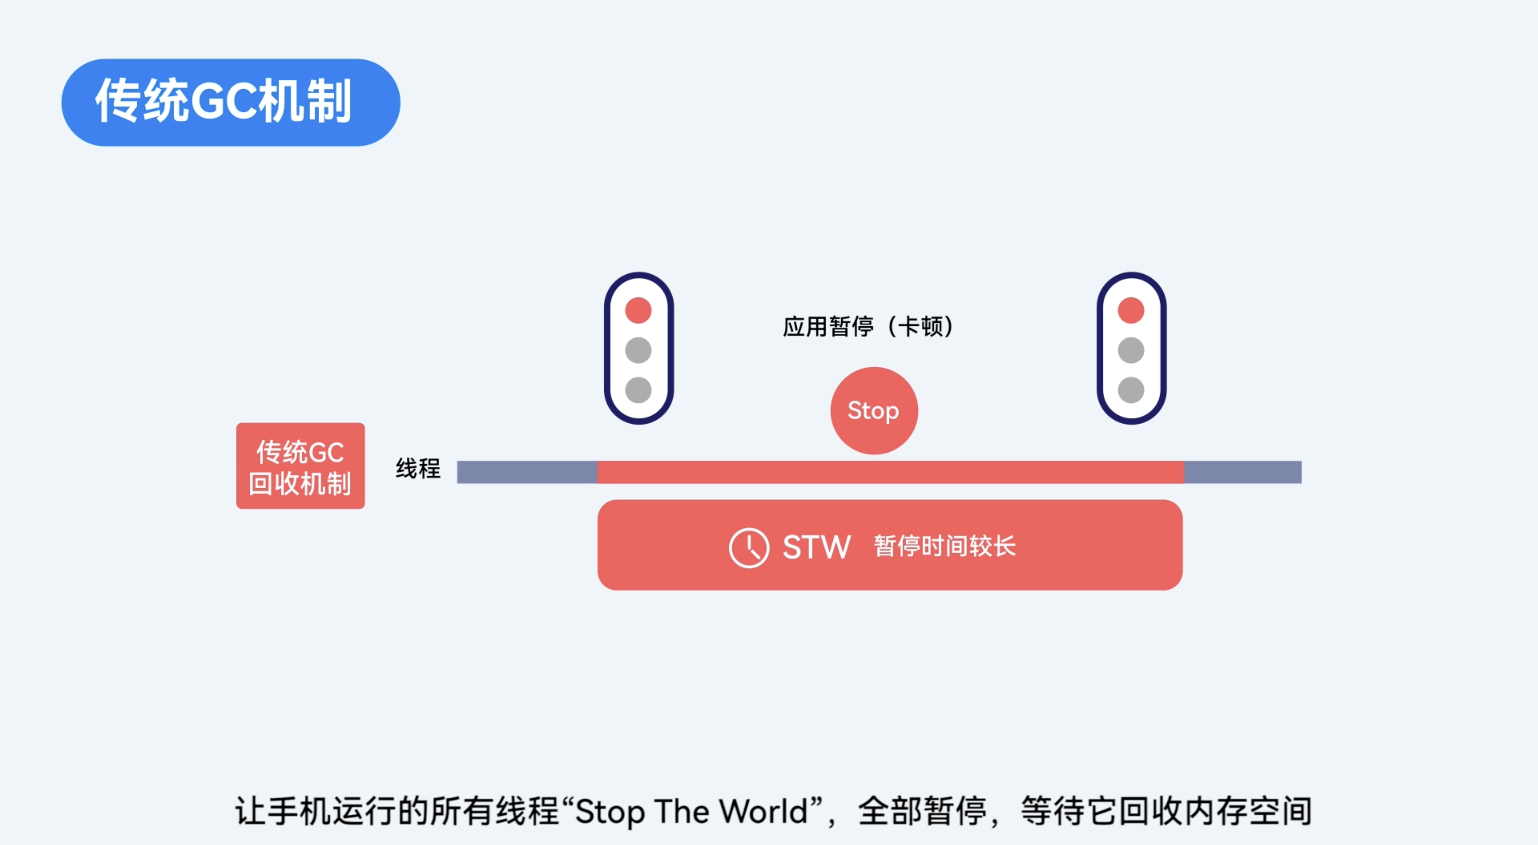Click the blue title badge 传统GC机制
point(230,102)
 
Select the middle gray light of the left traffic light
point(638,350)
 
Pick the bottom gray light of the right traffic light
point(1131,390)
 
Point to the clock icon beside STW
point(748,547)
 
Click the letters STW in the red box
point(816,547)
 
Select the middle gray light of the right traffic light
point(1131,350)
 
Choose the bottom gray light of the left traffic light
point(638,390)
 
